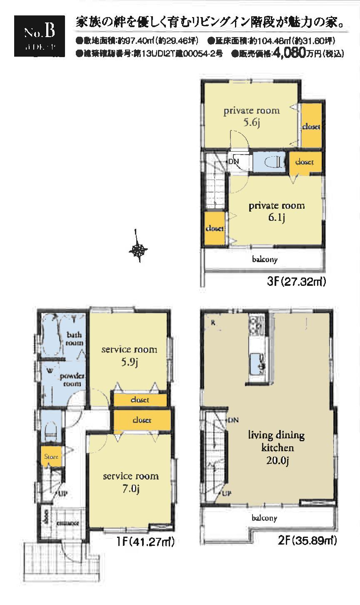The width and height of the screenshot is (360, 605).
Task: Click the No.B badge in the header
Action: (39, 35)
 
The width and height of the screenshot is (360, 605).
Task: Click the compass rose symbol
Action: (138, 250)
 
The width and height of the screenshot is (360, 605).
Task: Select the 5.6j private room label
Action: (252, 117)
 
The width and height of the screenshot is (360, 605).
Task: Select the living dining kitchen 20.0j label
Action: (276, 447)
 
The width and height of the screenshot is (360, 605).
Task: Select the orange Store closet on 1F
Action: (51, 457)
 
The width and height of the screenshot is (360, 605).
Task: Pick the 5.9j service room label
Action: (129, 355)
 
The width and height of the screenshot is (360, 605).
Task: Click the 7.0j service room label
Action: (130, 482)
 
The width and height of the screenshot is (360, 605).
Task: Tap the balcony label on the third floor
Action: (265, 259)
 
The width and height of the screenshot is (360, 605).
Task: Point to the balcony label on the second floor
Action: (264, 518)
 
